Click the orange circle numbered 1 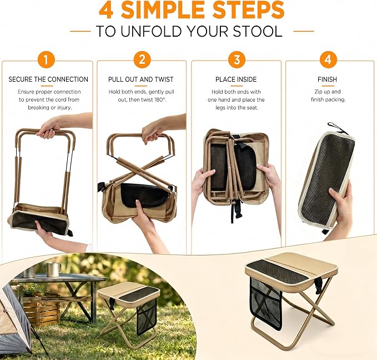(x=46, y=59)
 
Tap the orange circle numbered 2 (x=142, y=59)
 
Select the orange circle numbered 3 (x=237, y=59)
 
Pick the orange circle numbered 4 (x=328, y=59)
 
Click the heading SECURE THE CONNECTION (x=48, y=79)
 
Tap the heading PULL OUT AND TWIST (x=141, y=79)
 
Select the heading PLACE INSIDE (x=236, y=79)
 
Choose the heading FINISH (x=327, y=79)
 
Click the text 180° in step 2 (x=160, y=99)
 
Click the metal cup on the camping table (x=53, y=269)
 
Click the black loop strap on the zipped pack (x=338, y=129)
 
